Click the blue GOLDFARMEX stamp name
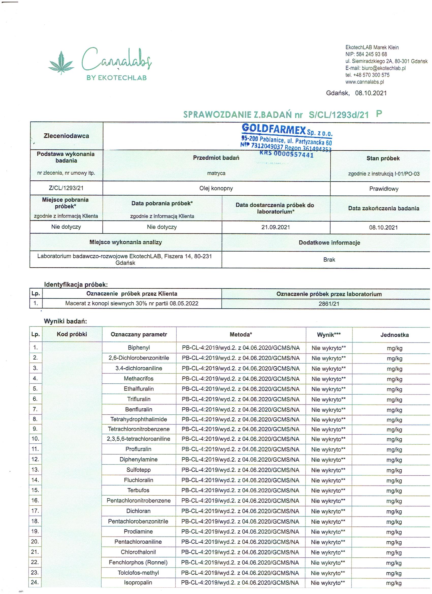pos(274,129)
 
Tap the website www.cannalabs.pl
pos(365,82)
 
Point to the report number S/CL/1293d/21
pos(339,115)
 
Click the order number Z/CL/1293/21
pos(66,188)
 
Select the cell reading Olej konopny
pos(216,188)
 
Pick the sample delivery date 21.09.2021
pos(276,227)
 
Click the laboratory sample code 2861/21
pos(329,304)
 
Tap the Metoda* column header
pos(241,334)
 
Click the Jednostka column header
pos(394,335)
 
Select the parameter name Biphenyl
pos(139,348)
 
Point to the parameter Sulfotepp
pos(138,470)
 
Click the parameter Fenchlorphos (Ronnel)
pos(138,562)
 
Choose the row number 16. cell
pos(35,501)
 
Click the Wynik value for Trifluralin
pos(329,399)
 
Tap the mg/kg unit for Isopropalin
pos(394,583)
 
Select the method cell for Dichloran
pos(240,511)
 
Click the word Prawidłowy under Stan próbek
pos(383,189)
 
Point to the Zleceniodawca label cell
pos(66,136)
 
